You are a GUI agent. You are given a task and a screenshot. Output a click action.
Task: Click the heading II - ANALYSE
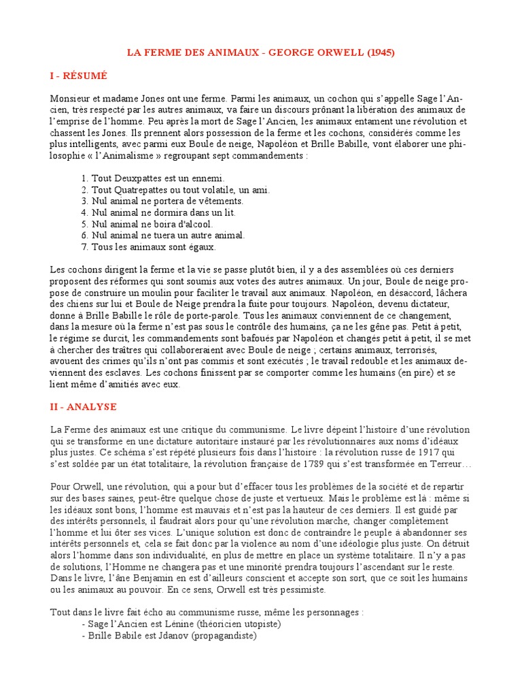point(84,407)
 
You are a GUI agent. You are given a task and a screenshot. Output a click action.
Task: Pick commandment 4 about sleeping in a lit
point(154,212)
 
